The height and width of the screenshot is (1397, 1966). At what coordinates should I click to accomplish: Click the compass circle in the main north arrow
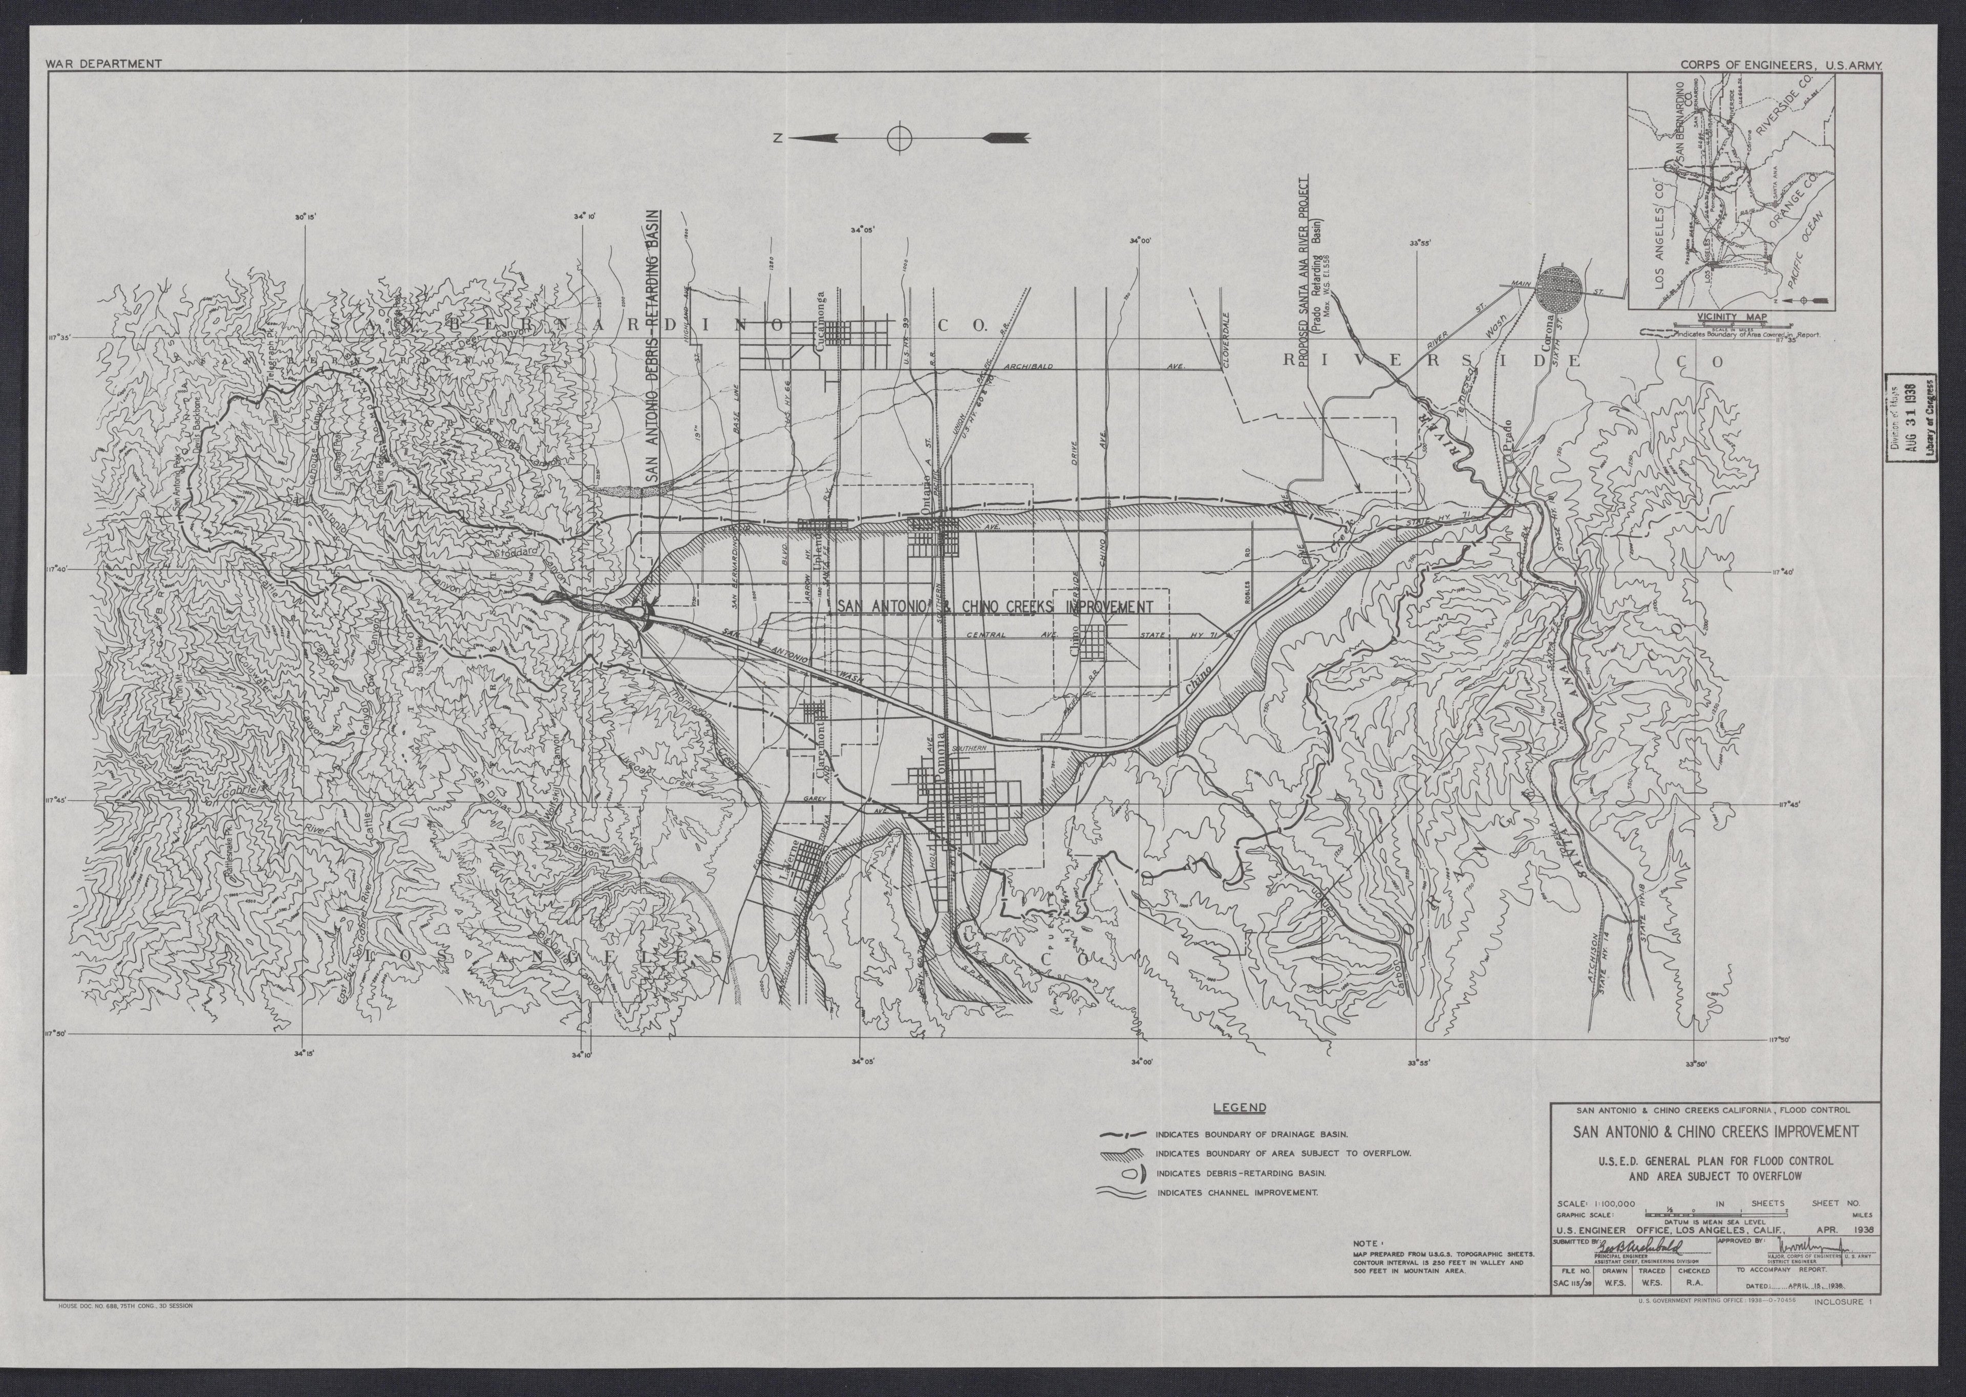coord(899,138)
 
